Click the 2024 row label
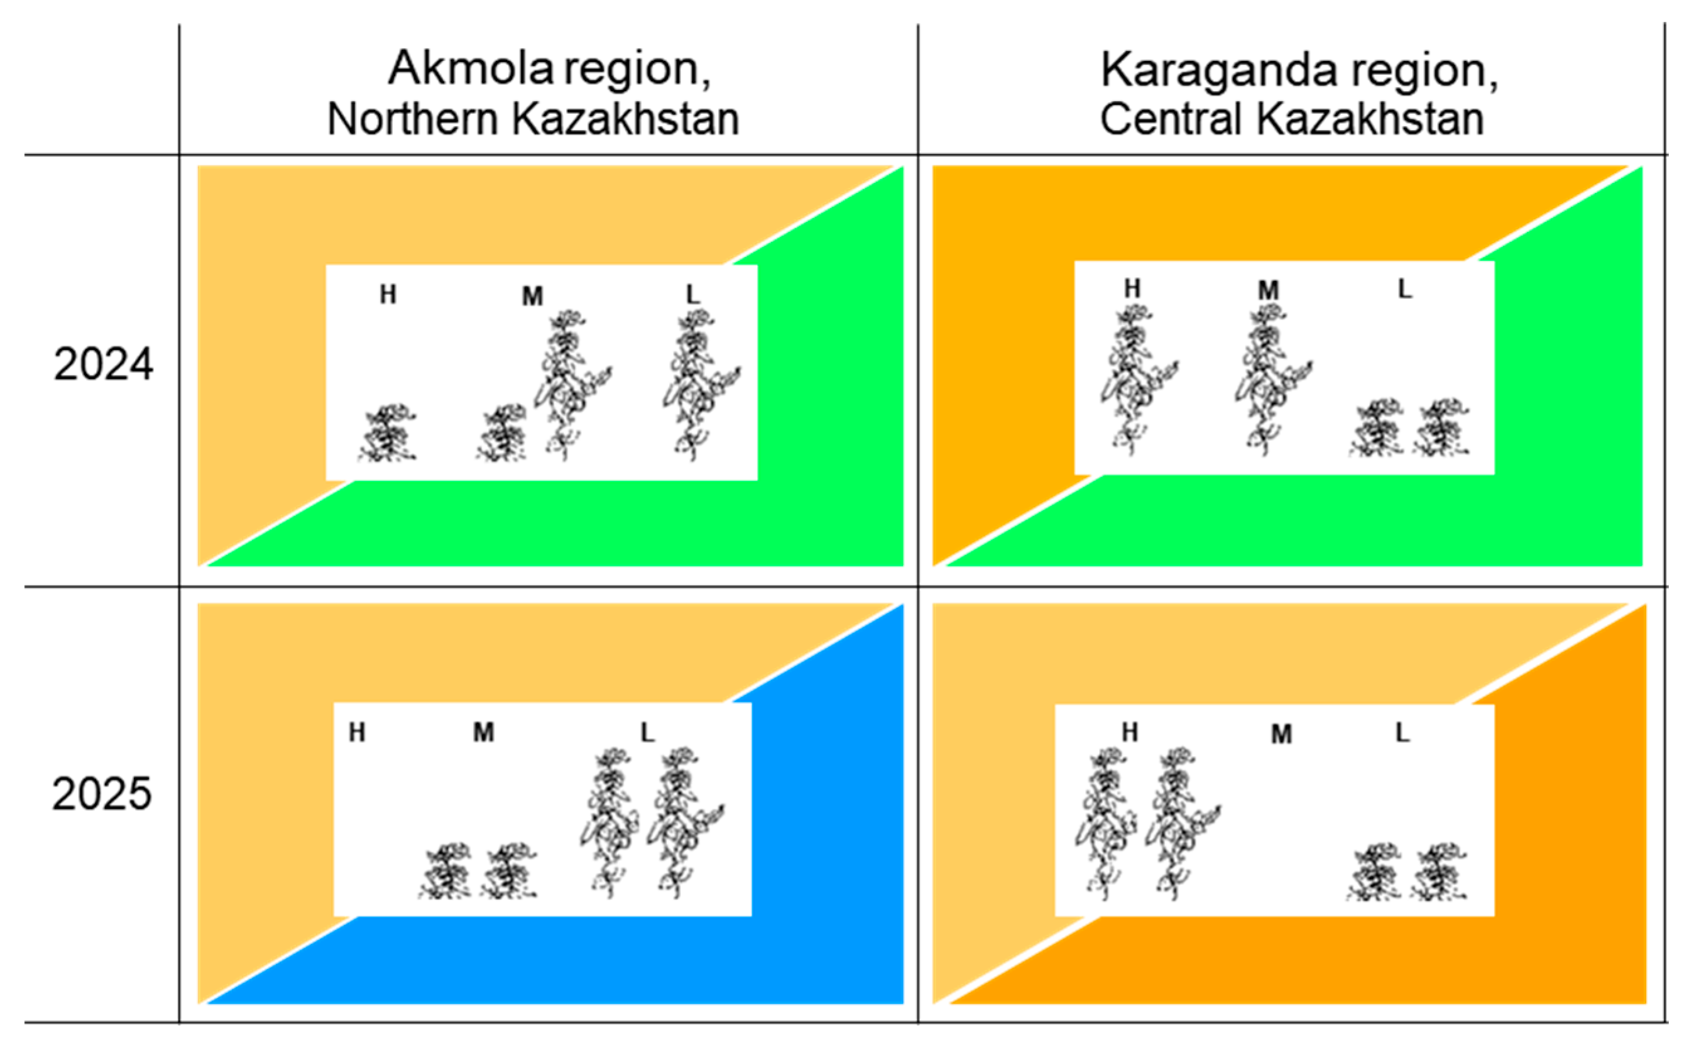point(103,365)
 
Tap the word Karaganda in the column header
point(1218,70)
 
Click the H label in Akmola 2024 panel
point(388,295)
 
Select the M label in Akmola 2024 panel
point(532,297)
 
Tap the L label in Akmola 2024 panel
point(692,295)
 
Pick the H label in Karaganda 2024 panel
point(1132,288)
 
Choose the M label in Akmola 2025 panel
point(483,733)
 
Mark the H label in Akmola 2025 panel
point(356,733)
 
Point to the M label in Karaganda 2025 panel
point(1281,735)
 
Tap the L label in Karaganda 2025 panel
point(1402,733)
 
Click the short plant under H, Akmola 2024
point(388,434)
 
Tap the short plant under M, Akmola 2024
point(502,434)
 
